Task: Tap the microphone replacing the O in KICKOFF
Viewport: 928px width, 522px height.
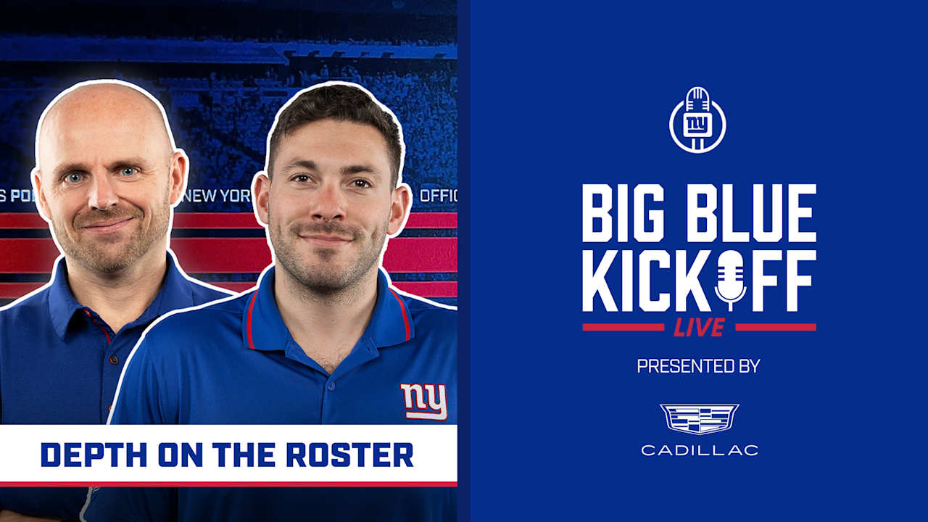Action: tap(730, 279)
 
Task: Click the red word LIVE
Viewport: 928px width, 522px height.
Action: tap(699, 328)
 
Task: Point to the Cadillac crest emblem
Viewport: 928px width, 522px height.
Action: tap(699, 419)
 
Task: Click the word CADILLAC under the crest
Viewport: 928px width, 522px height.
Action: tap(699, 450)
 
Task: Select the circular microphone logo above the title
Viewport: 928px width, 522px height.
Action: tap(697, 120)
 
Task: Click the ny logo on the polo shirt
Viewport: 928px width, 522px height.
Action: tap(423, 402)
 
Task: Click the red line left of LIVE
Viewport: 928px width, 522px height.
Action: tap(623, 327)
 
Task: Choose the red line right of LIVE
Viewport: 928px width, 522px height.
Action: tap(775, 327)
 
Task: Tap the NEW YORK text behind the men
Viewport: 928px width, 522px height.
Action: tap(217, 196)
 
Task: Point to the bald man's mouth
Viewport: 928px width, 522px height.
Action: tap(107, 225)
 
